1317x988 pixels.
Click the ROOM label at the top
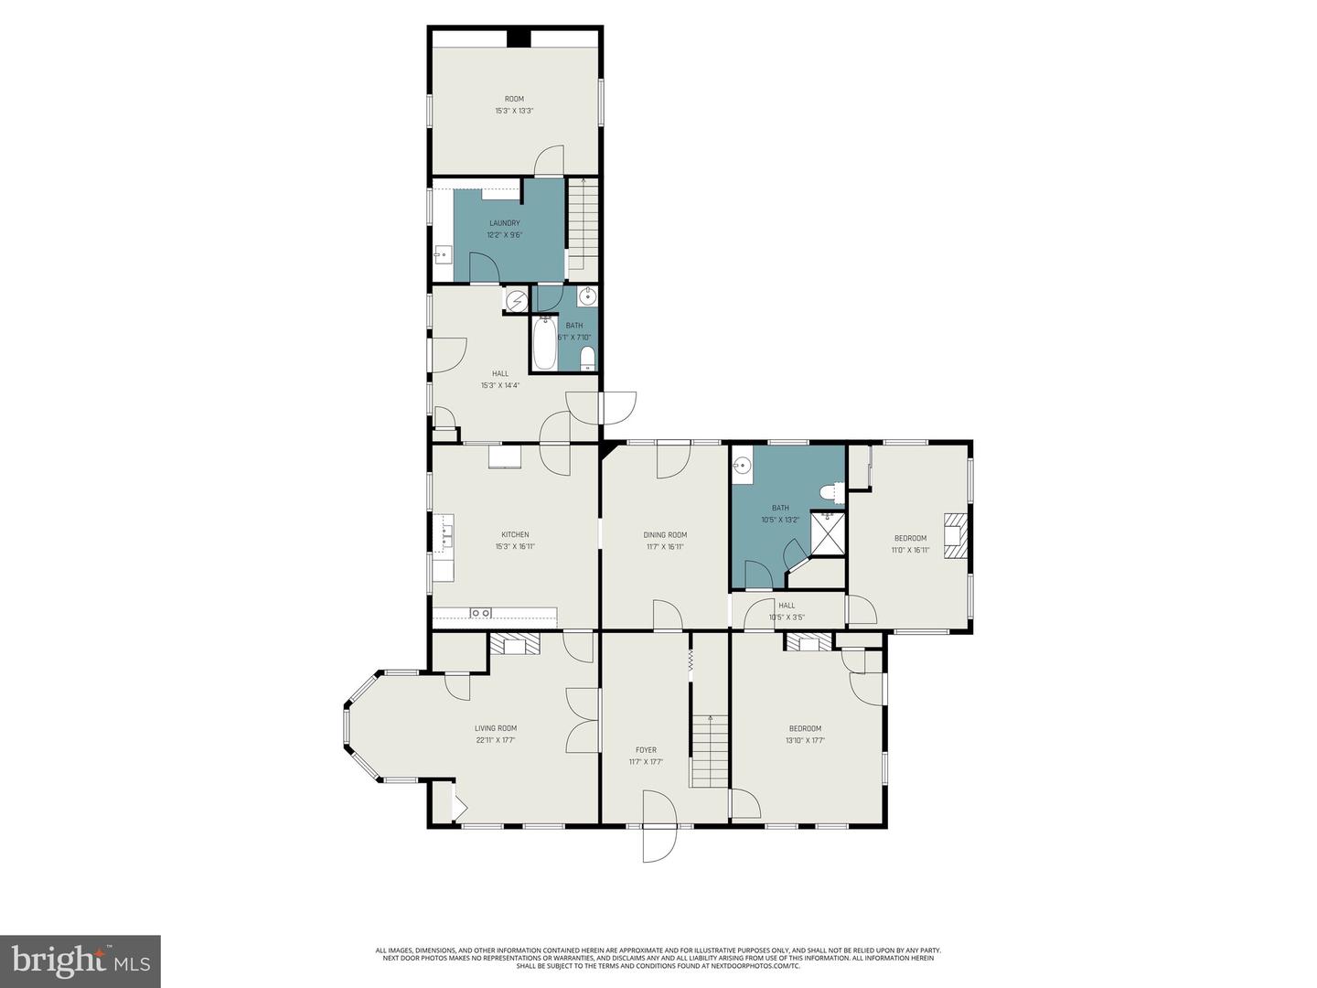click(x=514, y=99)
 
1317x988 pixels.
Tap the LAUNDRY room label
click(x=504, y=223)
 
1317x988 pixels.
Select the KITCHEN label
click(x=515, y=535)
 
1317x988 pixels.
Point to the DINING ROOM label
click(x=665, y=535)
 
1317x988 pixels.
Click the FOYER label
click(x=646, y=750)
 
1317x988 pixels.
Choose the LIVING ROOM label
click(x=496, y=728)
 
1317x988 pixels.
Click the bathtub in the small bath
click(x=544, y=343)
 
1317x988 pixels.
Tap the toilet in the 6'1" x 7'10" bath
click(x=587, y=357)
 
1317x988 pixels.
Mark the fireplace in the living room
click(x=516, y=645)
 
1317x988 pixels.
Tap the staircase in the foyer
click(x=709, y=750)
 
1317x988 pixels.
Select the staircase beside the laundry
click(x=583, y=224)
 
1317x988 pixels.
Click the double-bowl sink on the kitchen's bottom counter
click(x=481, y=613)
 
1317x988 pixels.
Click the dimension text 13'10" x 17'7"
click(x=805, y=740)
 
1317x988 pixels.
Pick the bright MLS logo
click(x=80, y=961)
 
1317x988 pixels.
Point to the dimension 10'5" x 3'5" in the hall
click(x=786, y=617)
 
